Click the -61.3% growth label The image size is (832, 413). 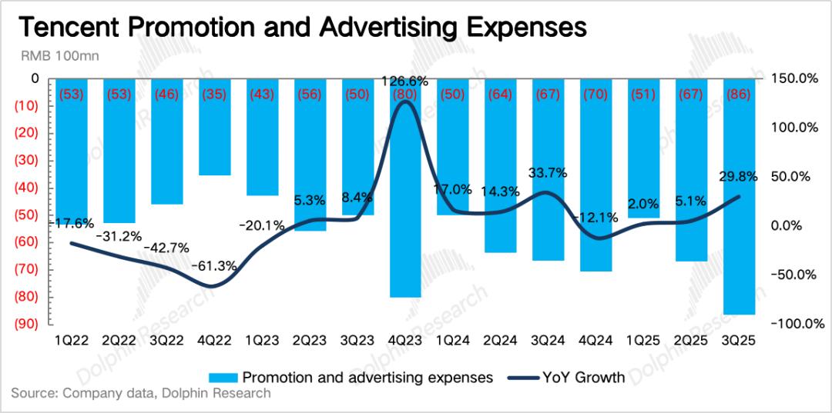pyautogui.click(x=215, y=266)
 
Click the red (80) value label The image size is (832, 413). pyautogui.click(x=405, y=95)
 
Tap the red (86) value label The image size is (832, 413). pyautogui.click(x=740, y=95)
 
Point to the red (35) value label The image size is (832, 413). pyautogui.click(x=215, y=95)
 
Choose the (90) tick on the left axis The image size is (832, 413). pyautogui.click(x=28, y=324)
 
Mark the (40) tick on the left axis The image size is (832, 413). pyautogui.click(x=28, y=188)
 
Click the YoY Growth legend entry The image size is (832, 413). pyautogui.click(x=568, y=377)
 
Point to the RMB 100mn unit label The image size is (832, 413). pyautogui.click(x=56, y=56)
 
